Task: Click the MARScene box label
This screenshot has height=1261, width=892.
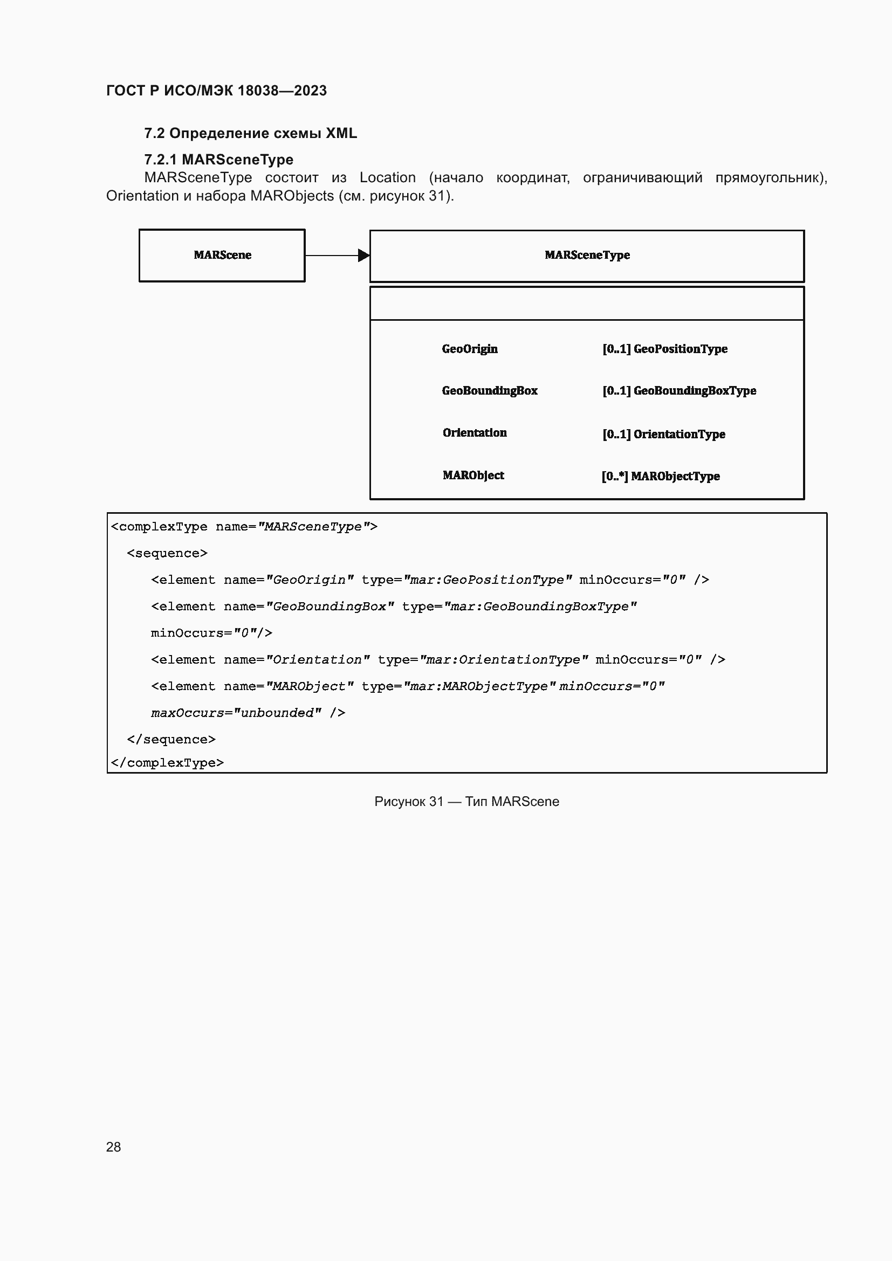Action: tap(222, 255)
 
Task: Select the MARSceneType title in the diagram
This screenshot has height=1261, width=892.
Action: tap(587, 255)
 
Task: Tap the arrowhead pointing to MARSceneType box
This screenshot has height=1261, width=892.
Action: tap(363, 256)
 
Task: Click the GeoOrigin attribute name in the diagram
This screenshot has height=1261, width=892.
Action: tap(470, 349)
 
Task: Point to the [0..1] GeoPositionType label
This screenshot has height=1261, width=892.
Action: tap(664, 349)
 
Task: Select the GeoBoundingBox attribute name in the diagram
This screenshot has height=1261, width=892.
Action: tap(489, 390)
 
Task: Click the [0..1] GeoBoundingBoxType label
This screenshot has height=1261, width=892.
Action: tap(679, 390)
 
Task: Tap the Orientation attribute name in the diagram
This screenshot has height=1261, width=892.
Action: tap(475, 433)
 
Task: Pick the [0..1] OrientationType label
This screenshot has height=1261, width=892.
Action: tap(663, 434)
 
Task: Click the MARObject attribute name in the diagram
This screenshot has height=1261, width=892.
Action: tap(473, 475)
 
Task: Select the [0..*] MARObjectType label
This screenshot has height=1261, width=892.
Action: tap(660, 476)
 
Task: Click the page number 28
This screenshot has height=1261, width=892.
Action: tap(113, 1147)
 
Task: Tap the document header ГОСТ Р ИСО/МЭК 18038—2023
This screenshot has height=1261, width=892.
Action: tap(216, 91)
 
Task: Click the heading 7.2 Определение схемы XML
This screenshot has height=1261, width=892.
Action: tap(250, 133)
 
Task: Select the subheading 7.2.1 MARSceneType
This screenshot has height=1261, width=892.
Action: tap(218, 159)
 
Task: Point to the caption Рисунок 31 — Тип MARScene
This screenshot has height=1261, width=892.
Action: tap(466, 801)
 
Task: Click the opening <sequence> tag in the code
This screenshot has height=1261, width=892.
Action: tap(167, 553)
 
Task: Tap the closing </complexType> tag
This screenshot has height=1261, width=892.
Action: tap(167, 763)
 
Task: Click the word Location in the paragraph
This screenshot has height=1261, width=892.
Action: tap(387, 177)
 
